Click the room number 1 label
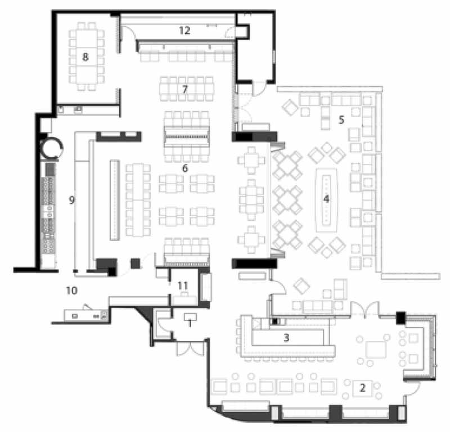pos(190,324)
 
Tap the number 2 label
pos(362,388)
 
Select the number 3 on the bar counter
pos(286,338)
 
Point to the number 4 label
pos(326,199)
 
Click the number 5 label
pos(341,119)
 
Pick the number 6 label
pos(185,168)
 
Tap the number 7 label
pos(185,89)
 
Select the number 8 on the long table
pos(85,57)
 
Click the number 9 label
pos(72,200)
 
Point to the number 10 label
pos(72,291)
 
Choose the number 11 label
pos(183,286)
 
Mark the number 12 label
pos(184,30)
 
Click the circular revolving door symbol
pos(51,148)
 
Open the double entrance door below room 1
pos(190,348)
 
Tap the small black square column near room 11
pos(135,264)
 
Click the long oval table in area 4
pos(326,200)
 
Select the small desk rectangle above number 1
pos(190,317)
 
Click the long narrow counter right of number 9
pos(115,200)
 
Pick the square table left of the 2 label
pos(375,350)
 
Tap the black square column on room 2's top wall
pos(400,318)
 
